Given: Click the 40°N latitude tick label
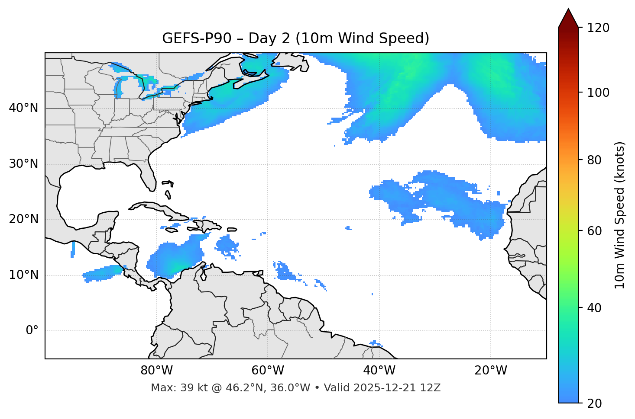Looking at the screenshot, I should (x=23, y=108).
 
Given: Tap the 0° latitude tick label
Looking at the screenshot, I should (x=32, y=331).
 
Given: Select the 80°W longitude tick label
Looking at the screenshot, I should (x=156, y=371).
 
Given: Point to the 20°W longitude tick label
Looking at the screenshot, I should (x=491, y=371).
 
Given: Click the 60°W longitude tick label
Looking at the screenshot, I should (x=268, y=371).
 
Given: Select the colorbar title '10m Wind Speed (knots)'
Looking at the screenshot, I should (x=620, y=215).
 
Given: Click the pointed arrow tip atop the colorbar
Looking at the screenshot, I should (x=568, y=10).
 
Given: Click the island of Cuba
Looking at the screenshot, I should (x=160, y=210).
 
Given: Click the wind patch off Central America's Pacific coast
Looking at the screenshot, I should (x=102, y=274).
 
